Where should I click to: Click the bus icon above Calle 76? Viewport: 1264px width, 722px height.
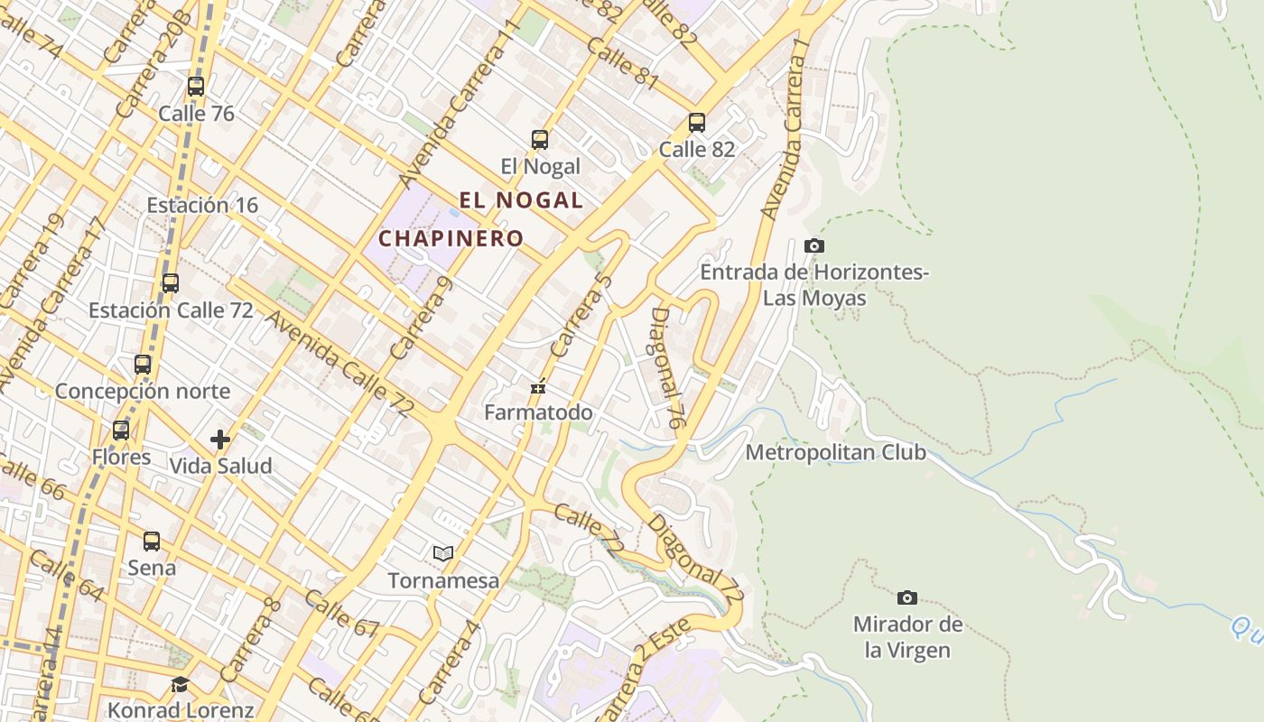[x=196, y=87]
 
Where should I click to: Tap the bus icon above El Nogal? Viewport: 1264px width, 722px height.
[x=540, y=140]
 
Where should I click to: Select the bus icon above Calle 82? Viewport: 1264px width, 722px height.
[x=696, y=123]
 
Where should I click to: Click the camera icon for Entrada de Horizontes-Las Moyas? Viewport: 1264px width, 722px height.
[x=813, y=245]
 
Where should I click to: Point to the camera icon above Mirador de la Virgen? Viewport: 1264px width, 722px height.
[x=907, y=597]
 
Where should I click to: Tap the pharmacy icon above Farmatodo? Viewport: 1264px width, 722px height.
[x=538, y=388]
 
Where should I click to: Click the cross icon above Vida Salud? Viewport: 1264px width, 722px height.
[x=220, y=440]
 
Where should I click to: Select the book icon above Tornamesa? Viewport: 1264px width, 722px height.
[x=442, y=553]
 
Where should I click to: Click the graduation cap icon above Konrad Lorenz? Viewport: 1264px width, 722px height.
[x=180, y=684]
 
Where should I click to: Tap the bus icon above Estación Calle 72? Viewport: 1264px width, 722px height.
[x=170, y=283]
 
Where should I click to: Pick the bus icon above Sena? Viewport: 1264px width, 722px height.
[x=152, y=541]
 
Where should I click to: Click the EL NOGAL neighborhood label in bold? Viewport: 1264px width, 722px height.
[x=522, y=200]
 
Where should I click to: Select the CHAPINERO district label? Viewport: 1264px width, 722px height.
[x=451, y=238]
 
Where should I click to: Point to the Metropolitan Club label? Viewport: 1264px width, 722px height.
[x=835, y=452]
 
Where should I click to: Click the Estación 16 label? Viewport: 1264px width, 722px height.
[x=202, y=205]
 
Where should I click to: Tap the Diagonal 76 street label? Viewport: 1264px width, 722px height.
[x=665, y=367]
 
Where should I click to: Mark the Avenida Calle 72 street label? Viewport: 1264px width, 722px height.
[x=339, y=364]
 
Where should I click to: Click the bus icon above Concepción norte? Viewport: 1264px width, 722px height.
[x=143, y=365]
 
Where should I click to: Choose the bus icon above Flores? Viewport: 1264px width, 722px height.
[x=121, y=430]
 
